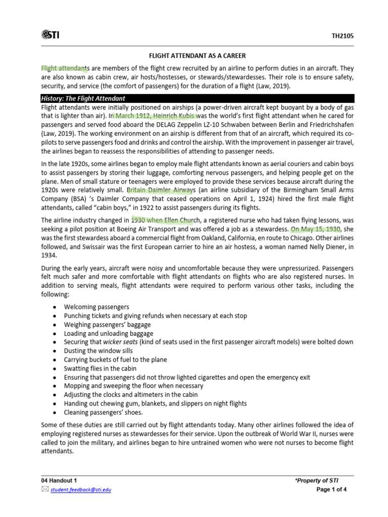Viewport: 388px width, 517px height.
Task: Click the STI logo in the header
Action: point(51,34)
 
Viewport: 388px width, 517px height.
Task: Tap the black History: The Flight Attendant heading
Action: point(83,98)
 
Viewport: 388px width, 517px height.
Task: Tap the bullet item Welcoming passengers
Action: point(96,307)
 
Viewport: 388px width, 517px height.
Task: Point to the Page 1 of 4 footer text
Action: point(331,489)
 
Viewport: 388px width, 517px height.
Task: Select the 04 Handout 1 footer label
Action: point(59,480)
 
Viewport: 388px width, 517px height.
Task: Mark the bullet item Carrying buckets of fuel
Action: point(115,359)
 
